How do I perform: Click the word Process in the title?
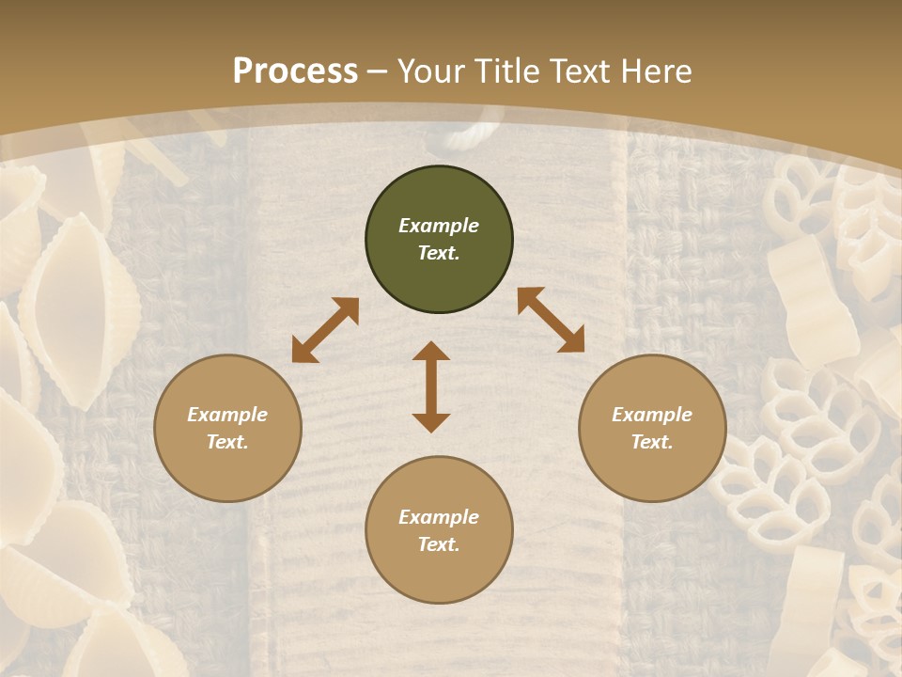[x=295, y=71]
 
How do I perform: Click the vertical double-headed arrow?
[x=431, y=386]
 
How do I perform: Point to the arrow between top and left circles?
[x=325, y=330]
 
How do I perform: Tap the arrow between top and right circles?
[x=551, y=320]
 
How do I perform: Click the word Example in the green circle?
[x=439, y=226]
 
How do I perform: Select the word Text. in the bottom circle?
[x=439, y=544]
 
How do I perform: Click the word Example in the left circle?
[x=227, y=415]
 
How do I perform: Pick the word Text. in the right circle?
[x=652, y=442]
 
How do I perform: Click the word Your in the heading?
[x=430, y=71]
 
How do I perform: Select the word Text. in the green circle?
[x=439, y=253]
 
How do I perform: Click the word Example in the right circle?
[x=652, y=415]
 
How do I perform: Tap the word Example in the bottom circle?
[x=439, y=517]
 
